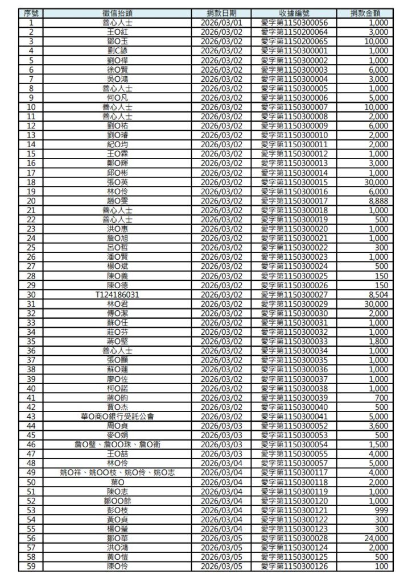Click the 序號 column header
(x=31, y=13)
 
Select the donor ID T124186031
(x=118, y=294)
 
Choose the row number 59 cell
(x=31, y=566)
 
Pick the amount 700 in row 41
(x=381, y=397)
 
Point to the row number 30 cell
(x=31, y=294)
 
